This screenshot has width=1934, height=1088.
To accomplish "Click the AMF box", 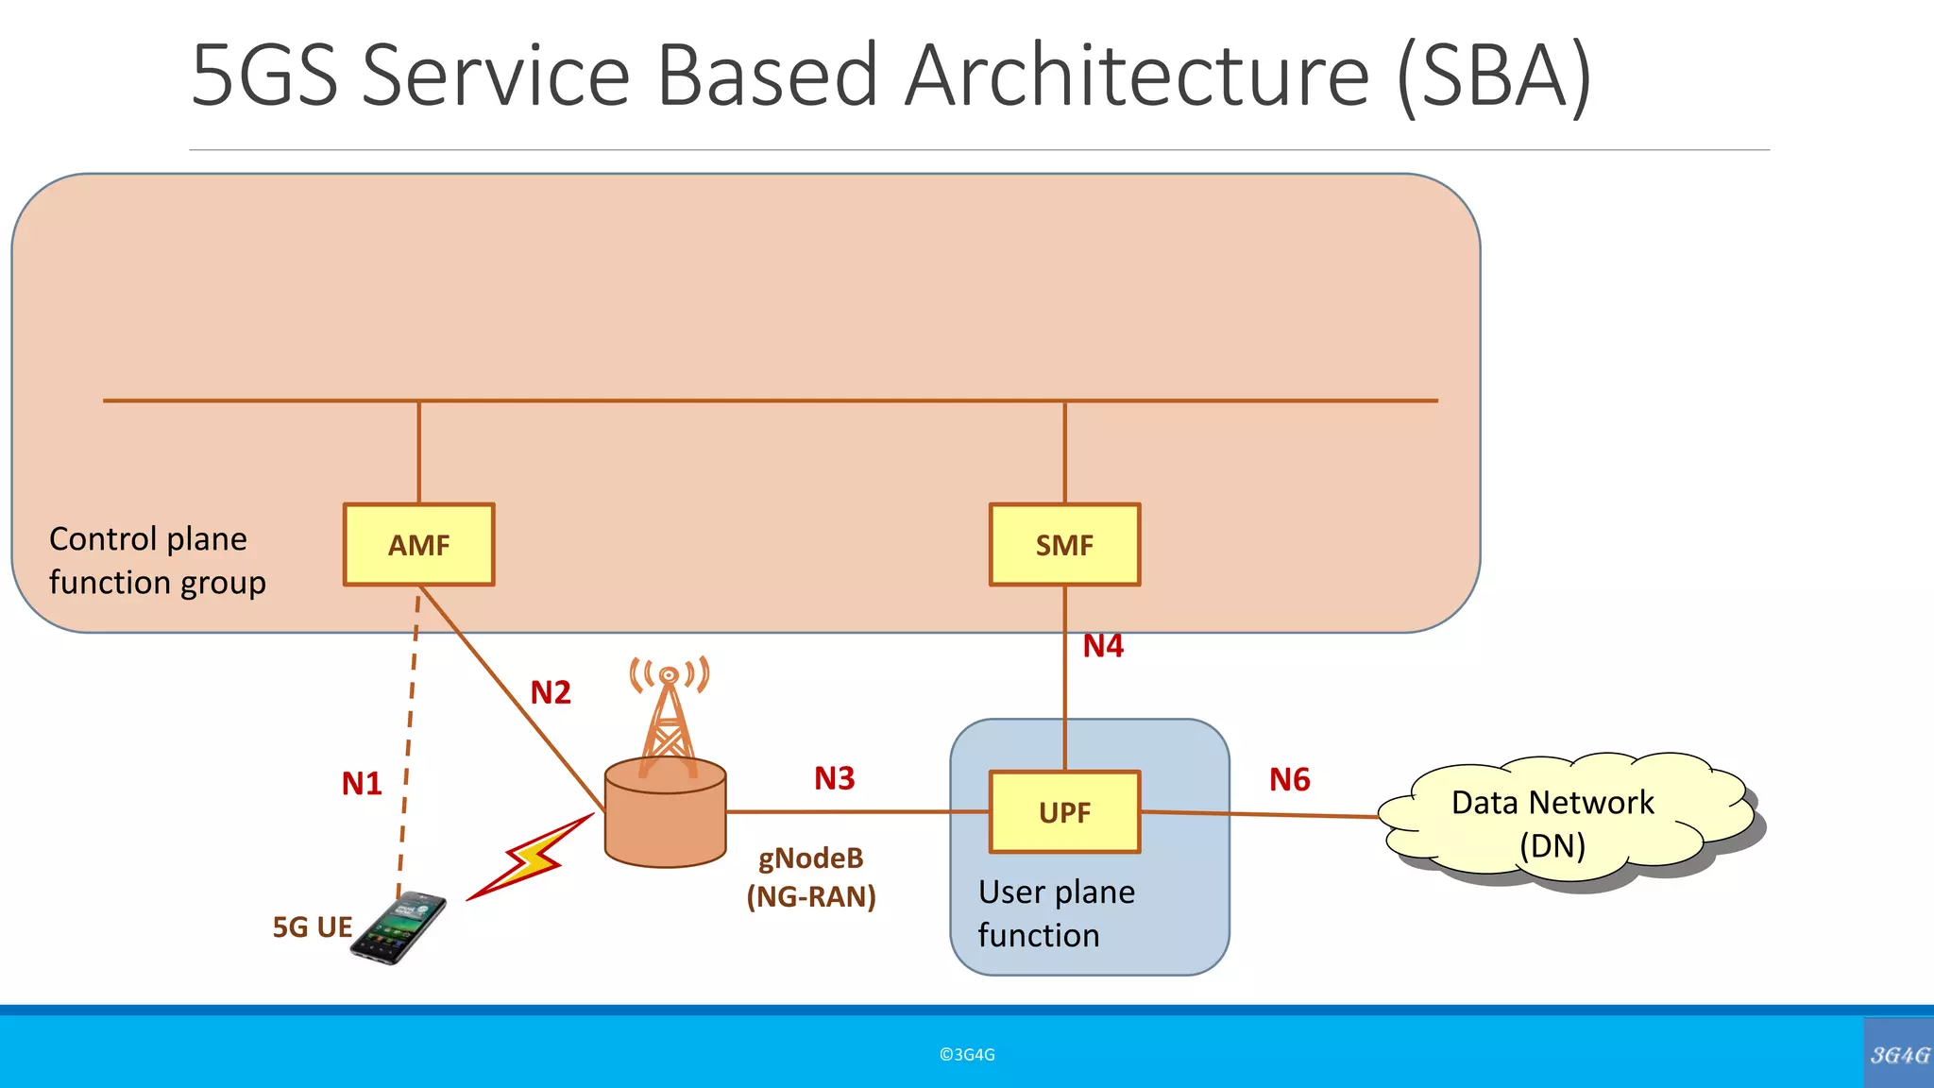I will (x=418, y=545).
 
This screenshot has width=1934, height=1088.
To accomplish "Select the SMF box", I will (x=1064, y=545).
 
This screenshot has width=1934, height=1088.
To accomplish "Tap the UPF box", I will (x=1064, y=812).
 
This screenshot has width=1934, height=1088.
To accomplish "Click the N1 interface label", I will (x=362, y=784).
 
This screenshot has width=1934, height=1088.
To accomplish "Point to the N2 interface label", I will (x=551, y=692).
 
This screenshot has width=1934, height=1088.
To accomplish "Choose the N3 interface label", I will (x=835, y=778).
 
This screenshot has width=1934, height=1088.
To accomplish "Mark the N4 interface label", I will (x=1103, y=646).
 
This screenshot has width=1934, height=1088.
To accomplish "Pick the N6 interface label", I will (x=1289, y=779).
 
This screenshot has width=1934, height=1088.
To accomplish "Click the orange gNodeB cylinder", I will (x=665, y=817).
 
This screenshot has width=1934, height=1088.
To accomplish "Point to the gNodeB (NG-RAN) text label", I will (x=811, y=877).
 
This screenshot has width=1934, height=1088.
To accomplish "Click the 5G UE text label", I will (x=313, y=927).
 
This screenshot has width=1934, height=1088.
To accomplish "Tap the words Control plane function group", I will (x=157, y=561).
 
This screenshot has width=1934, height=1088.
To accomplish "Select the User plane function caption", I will (x=1056, y=913).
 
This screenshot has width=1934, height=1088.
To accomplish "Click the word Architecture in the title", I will (x=1136, y=76).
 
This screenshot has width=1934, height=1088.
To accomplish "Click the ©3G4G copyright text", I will (x=967, y=1055).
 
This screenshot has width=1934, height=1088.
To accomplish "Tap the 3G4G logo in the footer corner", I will (x=1899, y=1055).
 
